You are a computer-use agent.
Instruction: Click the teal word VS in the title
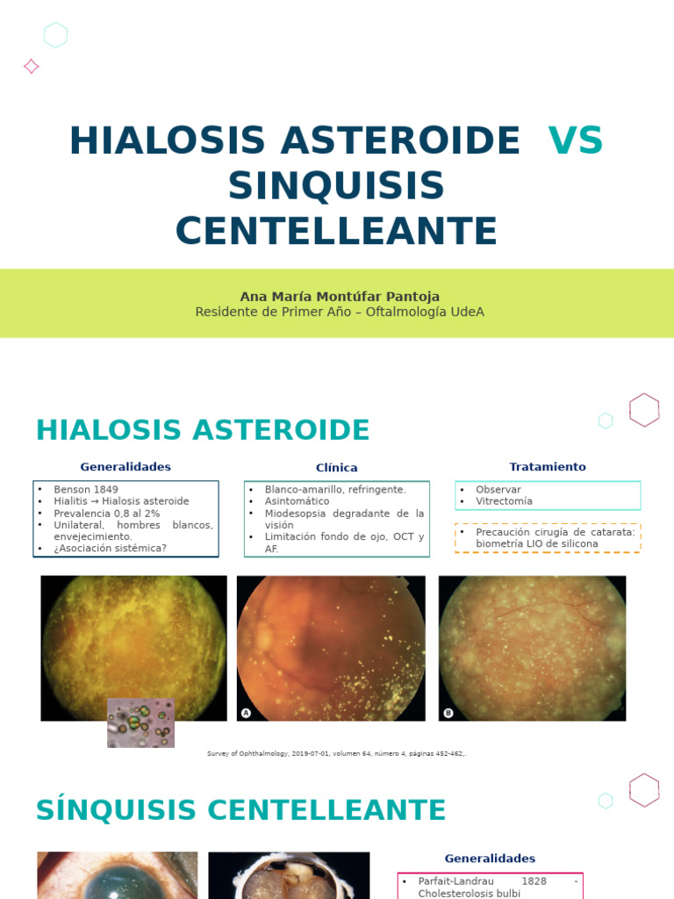click(575, 141)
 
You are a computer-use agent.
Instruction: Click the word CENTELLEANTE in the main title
click(336, 231)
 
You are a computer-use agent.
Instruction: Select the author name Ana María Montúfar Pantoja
click(340, 296)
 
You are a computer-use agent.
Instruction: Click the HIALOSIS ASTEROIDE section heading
click(203, 430)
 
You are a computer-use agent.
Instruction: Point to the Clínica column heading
click(337, 468)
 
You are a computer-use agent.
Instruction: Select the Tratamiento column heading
click(548, 467)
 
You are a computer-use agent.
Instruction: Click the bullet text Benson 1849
click(86, 489)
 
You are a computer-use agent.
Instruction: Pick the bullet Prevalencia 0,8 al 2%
click(107, 513)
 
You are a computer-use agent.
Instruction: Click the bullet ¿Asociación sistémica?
click(111, 548)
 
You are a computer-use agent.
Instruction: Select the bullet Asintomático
click(298, 501)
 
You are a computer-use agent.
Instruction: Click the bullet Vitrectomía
click(504, 501)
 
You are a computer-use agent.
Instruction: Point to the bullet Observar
click(498, 489)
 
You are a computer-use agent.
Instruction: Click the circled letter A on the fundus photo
click(247, 713)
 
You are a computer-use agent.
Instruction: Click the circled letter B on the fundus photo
click(448, 713)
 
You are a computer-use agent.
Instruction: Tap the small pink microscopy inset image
click(140, 723)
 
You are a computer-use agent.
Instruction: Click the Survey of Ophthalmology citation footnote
click(336, 753)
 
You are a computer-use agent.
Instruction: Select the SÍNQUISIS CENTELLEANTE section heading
click(240, 810)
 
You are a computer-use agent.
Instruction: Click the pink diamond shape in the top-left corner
click(31, 66)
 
